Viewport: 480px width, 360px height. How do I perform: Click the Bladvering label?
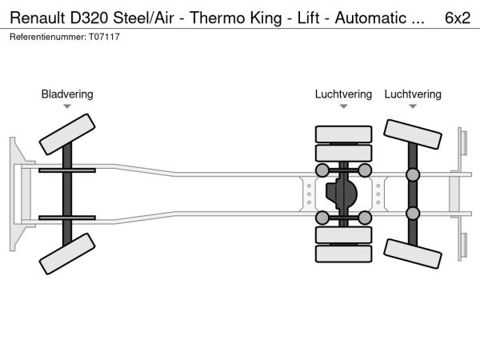click(x=67, y=94)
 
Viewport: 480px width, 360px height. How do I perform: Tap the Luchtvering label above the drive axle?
click(x=343, y=94)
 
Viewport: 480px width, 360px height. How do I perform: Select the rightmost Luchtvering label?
click(x=413, y=94)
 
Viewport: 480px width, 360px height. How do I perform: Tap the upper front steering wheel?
click(x=67, y=134)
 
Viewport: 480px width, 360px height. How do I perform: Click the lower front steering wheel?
click(x=67, y=254)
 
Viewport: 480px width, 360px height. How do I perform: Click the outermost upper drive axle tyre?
click(x=344, y=134)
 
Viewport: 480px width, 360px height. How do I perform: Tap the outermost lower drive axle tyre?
click(x=344, y=254)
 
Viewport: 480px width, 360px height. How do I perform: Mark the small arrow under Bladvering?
click(x=67, y=106)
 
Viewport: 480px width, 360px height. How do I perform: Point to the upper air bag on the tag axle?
click(x=413, y=174)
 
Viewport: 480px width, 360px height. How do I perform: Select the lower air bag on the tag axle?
click(x=413, y=213)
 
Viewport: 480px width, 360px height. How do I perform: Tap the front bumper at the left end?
click(x=15, y=194)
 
